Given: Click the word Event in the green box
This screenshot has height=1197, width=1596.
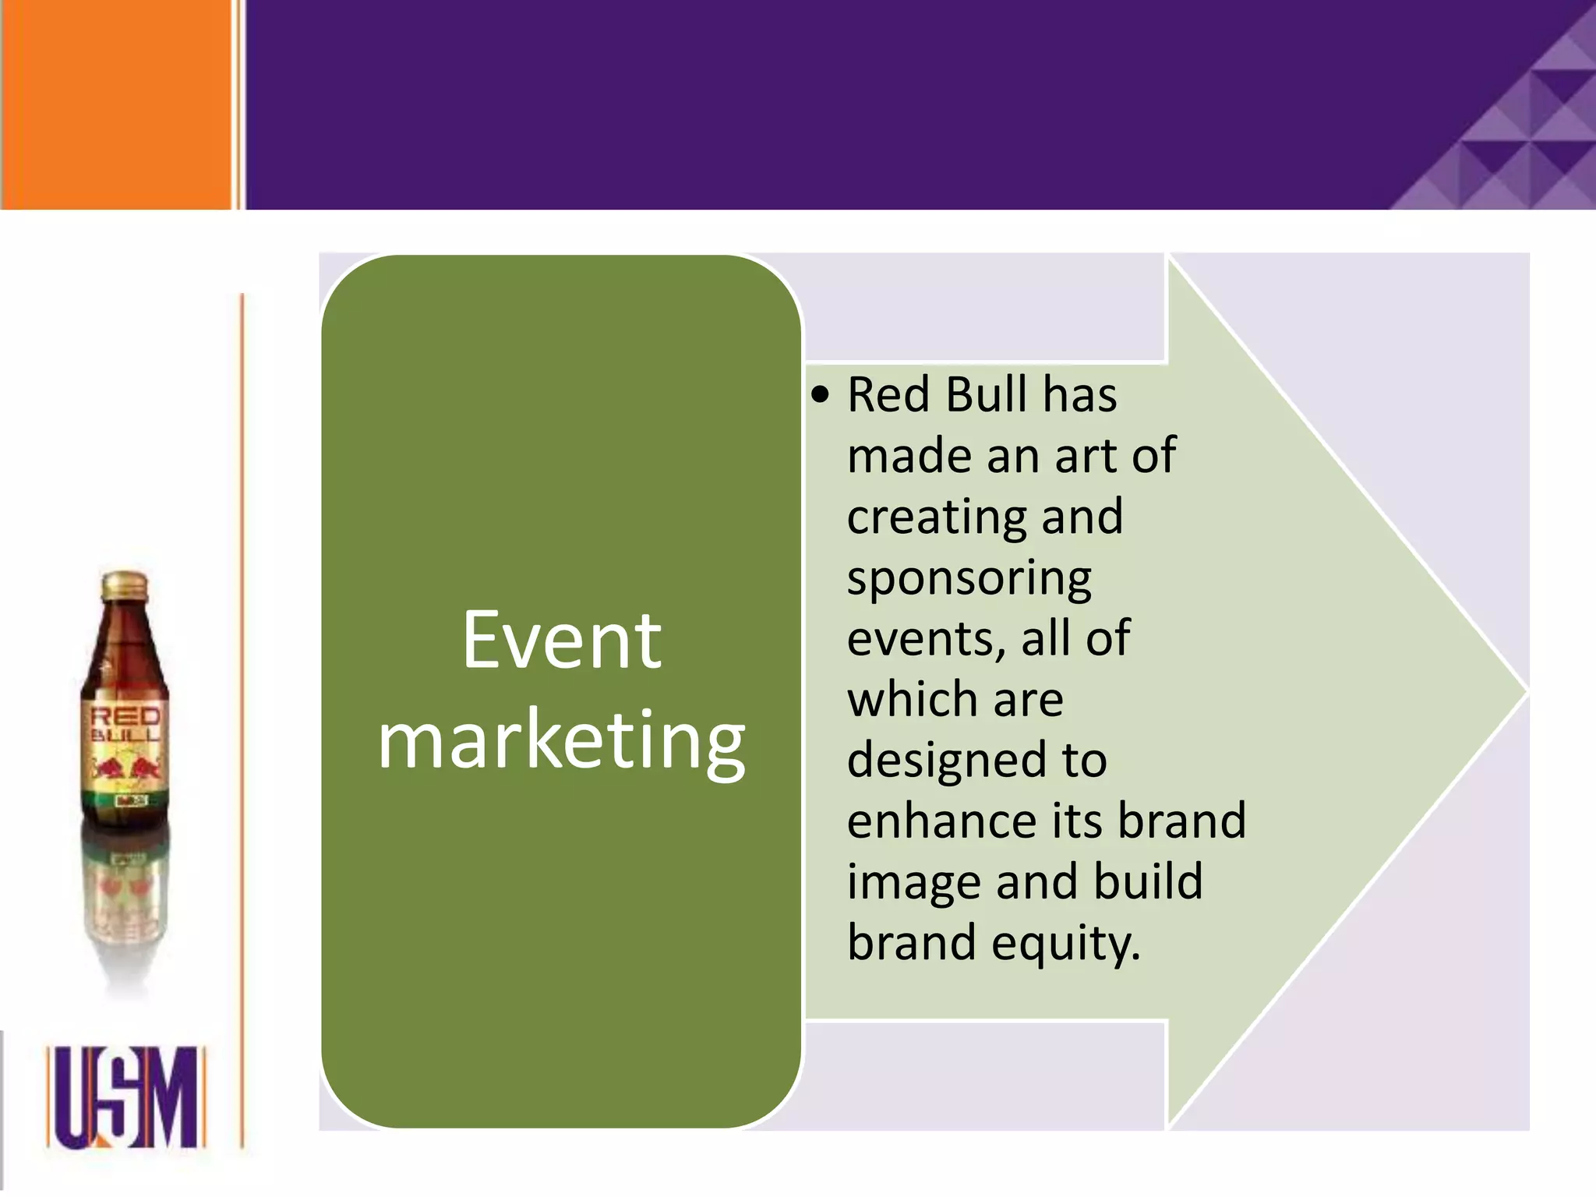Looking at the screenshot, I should tap(561, 641).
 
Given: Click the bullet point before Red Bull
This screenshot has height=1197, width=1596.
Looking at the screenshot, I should tap(820, 395).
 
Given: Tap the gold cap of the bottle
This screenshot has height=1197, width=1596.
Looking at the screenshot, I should tap(125, 585).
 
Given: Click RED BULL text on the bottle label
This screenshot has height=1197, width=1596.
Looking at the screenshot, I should tap(125, 725).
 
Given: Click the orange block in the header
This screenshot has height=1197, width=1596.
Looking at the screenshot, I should tap(115, 104).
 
